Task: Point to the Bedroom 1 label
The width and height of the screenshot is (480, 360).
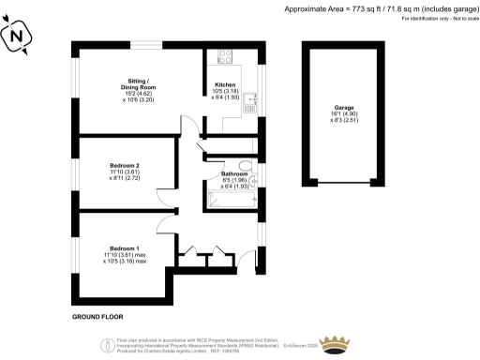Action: [x=123, y=247]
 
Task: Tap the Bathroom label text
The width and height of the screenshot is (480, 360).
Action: [x=233, y=174]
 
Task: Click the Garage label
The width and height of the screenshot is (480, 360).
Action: [x=344, y=108]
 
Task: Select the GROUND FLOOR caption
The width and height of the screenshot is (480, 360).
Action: [x=98, y=318]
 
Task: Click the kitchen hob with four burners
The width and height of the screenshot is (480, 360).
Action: [x=226, y=55]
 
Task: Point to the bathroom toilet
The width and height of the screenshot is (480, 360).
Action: [x=247, y=166]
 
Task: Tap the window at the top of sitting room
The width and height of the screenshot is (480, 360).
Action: [x=143, y=42]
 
